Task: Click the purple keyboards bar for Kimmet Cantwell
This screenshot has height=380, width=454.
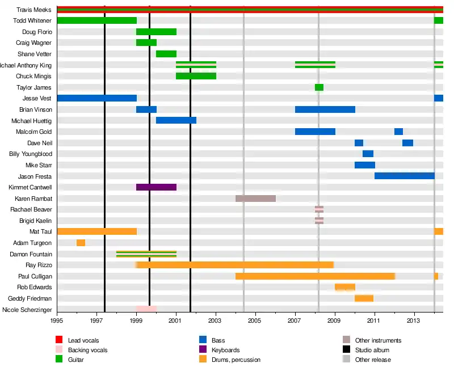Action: (156, 187)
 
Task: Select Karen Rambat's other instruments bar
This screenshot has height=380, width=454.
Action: (255, 199)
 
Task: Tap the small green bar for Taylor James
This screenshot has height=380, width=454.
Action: (319, 87)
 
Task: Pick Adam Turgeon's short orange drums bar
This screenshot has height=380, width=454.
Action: (81, 243)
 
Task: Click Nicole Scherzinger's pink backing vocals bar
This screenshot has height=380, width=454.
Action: (146, 309)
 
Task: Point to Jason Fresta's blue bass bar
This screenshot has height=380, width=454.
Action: (404, 176)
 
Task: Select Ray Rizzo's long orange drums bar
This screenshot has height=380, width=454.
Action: (235, 265)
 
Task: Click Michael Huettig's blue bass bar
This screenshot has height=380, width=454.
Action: (176, 120)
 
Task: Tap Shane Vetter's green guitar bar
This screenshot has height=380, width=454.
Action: (166, 54)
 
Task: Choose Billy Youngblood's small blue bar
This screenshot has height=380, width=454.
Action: (368, 154)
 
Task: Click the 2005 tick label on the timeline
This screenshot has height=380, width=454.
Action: (255, 320)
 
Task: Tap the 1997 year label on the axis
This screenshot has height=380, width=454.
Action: (96, 320)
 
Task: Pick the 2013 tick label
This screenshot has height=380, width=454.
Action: (414, 320)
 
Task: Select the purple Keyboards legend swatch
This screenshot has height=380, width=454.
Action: (203, 350)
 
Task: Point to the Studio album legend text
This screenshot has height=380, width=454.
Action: (372, 350)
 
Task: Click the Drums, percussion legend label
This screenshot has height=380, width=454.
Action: (236, 360)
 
